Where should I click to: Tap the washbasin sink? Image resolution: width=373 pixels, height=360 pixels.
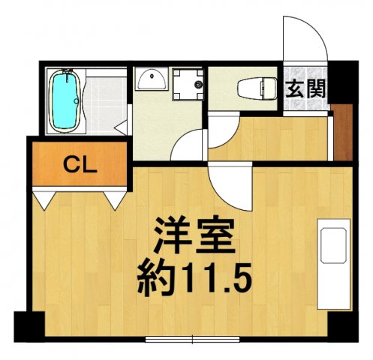click(x=153, y=79)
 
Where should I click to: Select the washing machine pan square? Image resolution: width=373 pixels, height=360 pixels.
click(x=188, y=84)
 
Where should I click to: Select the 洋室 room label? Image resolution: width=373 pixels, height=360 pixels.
click(x=194, y=236)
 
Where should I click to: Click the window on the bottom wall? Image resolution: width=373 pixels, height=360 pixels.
click(x=193, y=340)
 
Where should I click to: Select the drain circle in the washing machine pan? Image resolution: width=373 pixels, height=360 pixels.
click(x=198, y=85)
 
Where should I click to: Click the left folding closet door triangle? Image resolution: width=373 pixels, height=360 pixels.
click(x=47, y=199)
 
